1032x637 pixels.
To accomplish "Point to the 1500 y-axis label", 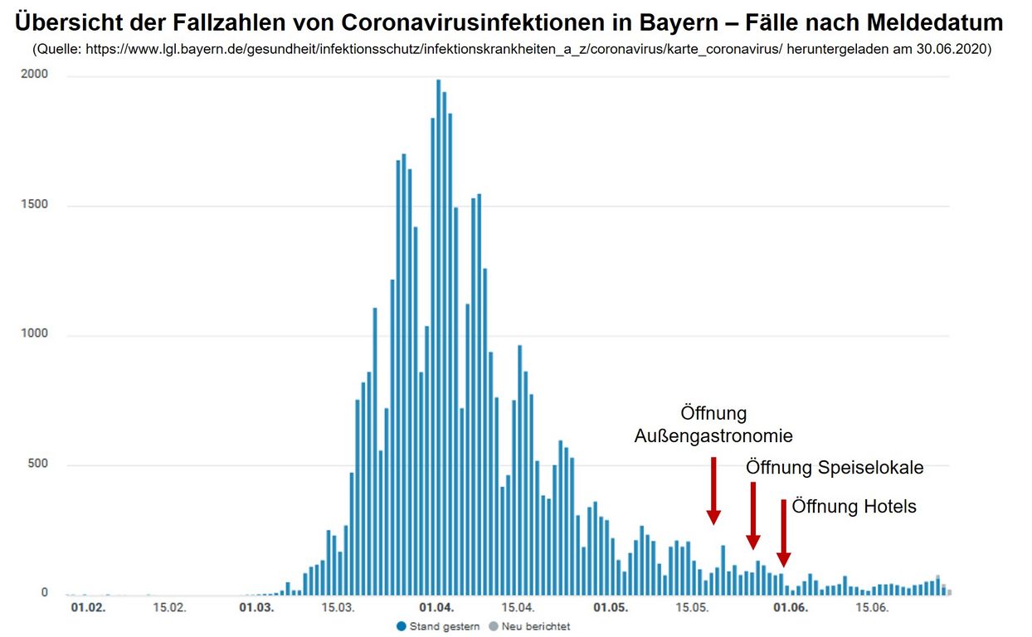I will pos(37,205).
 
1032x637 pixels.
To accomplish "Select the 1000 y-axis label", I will pos(37,334).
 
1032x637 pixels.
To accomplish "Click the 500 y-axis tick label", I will pos(39,464).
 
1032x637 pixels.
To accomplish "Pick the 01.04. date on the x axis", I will pos(436,608).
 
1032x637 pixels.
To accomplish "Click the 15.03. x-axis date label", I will pos(337,608).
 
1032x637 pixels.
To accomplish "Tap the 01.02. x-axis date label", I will pos(88,608).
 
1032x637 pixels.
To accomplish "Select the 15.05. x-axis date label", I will pos(693,608).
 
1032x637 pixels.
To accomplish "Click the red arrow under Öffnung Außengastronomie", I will pos(713,489).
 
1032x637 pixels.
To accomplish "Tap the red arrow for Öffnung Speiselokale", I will pos(753,515).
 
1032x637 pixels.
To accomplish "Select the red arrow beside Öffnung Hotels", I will pos(783,532).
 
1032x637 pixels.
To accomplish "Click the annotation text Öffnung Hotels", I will pos(854,506).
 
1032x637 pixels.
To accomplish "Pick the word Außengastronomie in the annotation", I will pos(713,435).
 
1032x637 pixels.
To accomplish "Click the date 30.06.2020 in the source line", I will pos(954,50).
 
